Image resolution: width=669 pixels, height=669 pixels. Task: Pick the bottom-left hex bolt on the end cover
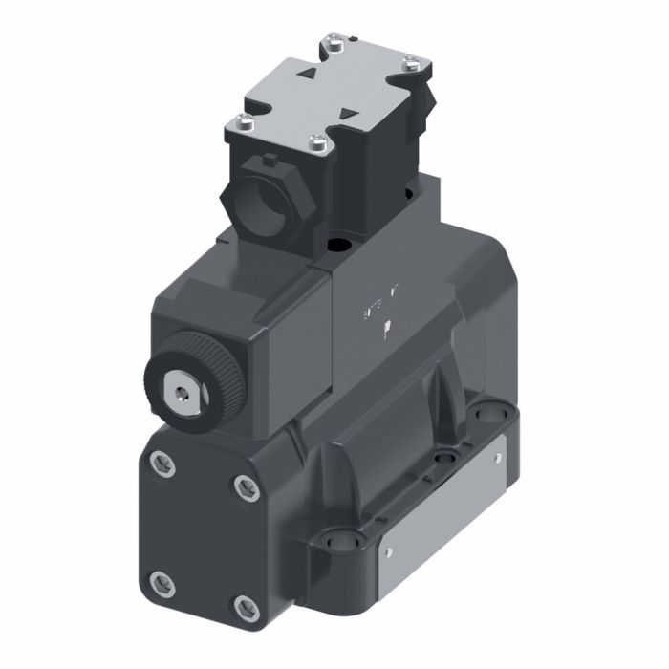click(x=161, y=579)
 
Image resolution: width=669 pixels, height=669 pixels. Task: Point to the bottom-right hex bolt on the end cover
click(x=246, y=605)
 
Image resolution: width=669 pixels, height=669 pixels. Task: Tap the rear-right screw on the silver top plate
click(x=410, y=65)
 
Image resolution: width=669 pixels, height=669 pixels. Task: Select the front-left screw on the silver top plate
click(x=243, y=121)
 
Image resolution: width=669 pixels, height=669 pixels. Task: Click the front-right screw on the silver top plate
click(x=319, y=144)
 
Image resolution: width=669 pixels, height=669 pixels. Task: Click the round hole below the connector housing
click(x=340, y=246)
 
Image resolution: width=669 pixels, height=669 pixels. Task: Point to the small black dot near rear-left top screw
click(x=351, y=36)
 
